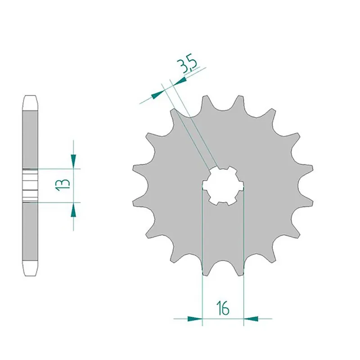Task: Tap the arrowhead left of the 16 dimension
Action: pos(195,319)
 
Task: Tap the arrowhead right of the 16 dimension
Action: pos(251,319)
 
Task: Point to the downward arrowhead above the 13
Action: pos(73,160)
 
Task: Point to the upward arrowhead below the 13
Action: pos(73,210)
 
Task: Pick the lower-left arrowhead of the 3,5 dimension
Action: pos(157,95)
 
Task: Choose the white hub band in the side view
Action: pos(30,185)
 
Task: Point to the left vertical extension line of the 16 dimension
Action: pos(202,252)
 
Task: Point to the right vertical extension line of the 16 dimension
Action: pos(244,252)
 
